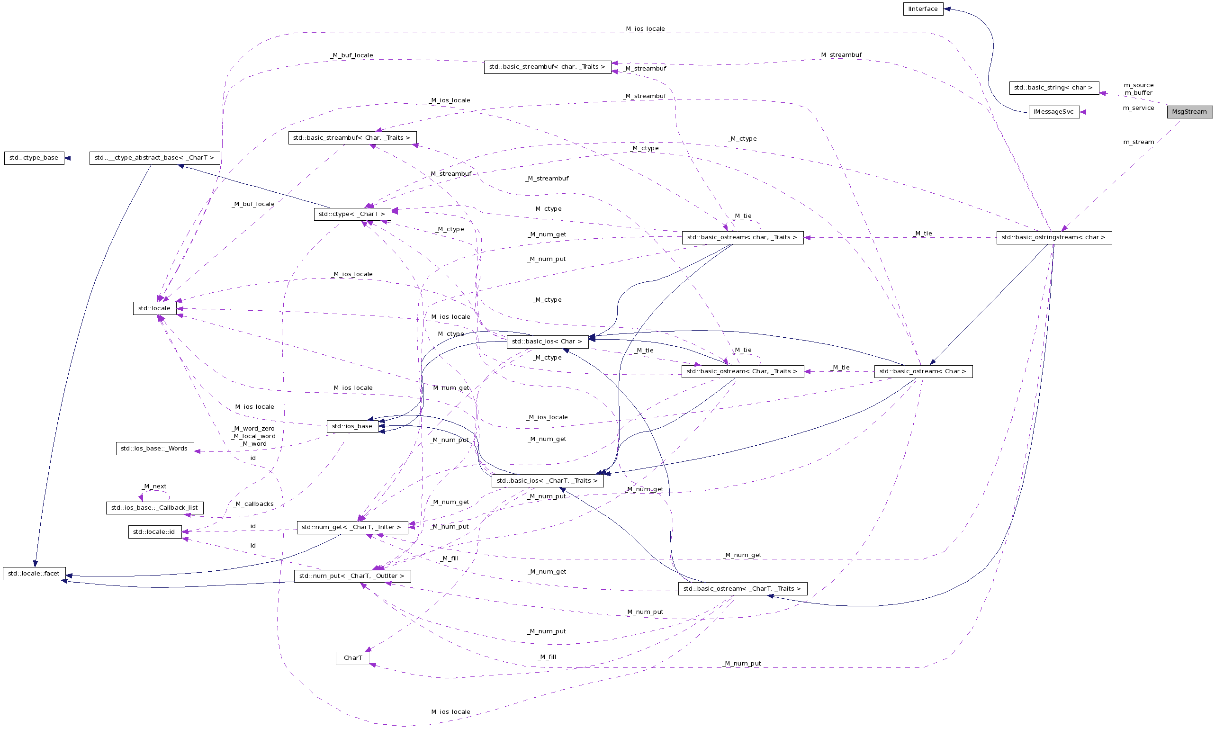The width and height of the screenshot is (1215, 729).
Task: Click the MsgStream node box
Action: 1189,112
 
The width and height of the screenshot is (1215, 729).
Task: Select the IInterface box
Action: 923,9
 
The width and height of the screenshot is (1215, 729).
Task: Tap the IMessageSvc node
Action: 1053,112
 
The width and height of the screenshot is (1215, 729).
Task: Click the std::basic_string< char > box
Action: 1053,88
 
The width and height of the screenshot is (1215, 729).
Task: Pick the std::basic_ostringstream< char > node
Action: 1053,237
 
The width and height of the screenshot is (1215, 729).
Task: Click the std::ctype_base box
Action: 34,158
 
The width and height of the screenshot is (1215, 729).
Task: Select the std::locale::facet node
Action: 34,574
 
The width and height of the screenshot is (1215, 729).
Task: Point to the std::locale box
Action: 154,308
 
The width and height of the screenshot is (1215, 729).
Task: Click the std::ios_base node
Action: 352,426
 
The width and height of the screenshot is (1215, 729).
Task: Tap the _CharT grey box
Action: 352,658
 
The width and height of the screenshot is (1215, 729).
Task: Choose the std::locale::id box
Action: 154,532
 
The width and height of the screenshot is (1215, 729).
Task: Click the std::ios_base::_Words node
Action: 154,449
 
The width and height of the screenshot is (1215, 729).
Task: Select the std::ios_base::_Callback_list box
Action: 154,508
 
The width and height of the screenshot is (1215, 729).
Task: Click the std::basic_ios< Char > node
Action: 547,342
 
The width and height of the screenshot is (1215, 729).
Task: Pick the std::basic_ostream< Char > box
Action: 923,371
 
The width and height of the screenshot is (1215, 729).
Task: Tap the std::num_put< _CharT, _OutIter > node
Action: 352,576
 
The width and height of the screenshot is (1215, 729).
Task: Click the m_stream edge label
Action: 1138,142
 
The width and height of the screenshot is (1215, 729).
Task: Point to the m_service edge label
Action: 1138,108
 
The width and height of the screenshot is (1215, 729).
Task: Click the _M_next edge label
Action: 154,486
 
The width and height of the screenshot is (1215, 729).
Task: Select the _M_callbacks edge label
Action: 254,504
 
